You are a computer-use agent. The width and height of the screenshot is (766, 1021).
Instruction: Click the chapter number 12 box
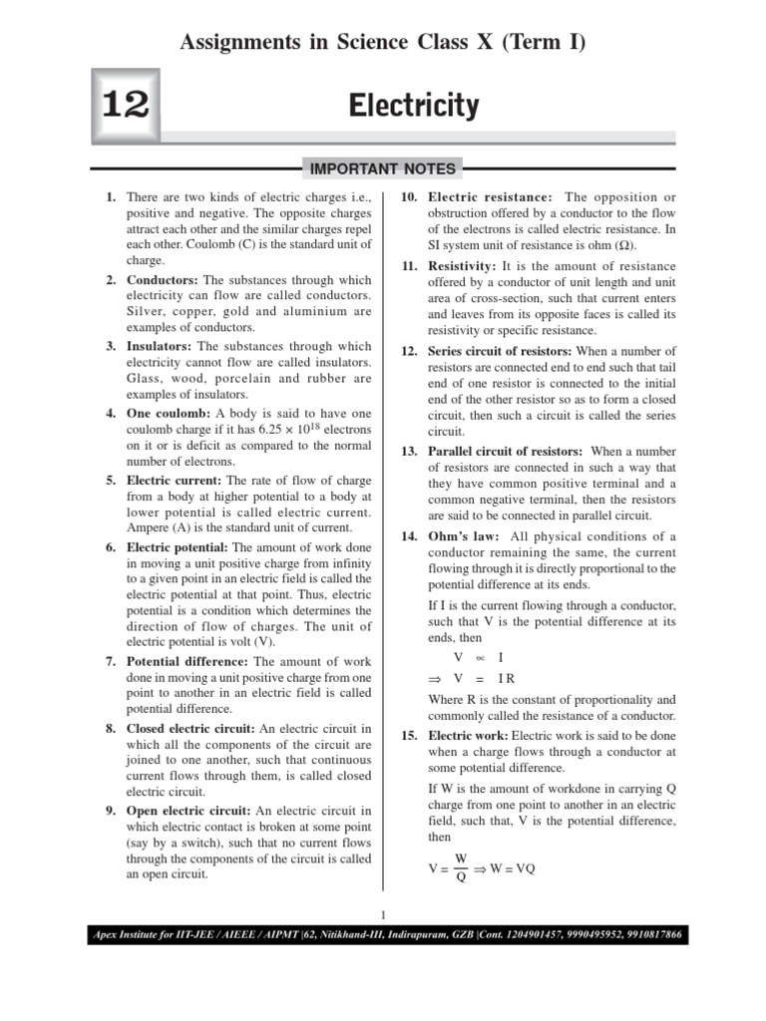[x=125, y=107]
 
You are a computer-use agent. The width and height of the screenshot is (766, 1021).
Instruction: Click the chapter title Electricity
[x=414, y=106]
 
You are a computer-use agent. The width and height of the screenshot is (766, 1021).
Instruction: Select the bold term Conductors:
[x=163, y=280]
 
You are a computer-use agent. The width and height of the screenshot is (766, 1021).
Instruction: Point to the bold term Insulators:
[x=161, y=346]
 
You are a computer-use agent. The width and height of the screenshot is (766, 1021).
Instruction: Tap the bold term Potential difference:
[x=189, y=661]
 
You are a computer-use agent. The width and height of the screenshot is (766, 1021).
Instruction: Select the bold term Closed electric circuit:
[x=191, y=727]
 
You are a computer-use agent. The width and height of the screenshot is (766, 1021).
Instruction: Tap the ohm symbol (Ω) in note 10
[x=621, y=244]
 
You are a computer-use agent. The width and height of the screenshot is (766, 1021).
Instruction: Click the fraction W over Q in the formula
[x=461, y=867]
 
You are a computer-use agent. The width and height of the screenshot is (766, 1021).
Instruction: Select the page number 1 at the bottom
[x=383, y=914]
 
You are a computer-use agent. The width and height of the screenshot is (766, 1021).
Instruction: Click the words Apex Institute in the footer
[x=123, y=936]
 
